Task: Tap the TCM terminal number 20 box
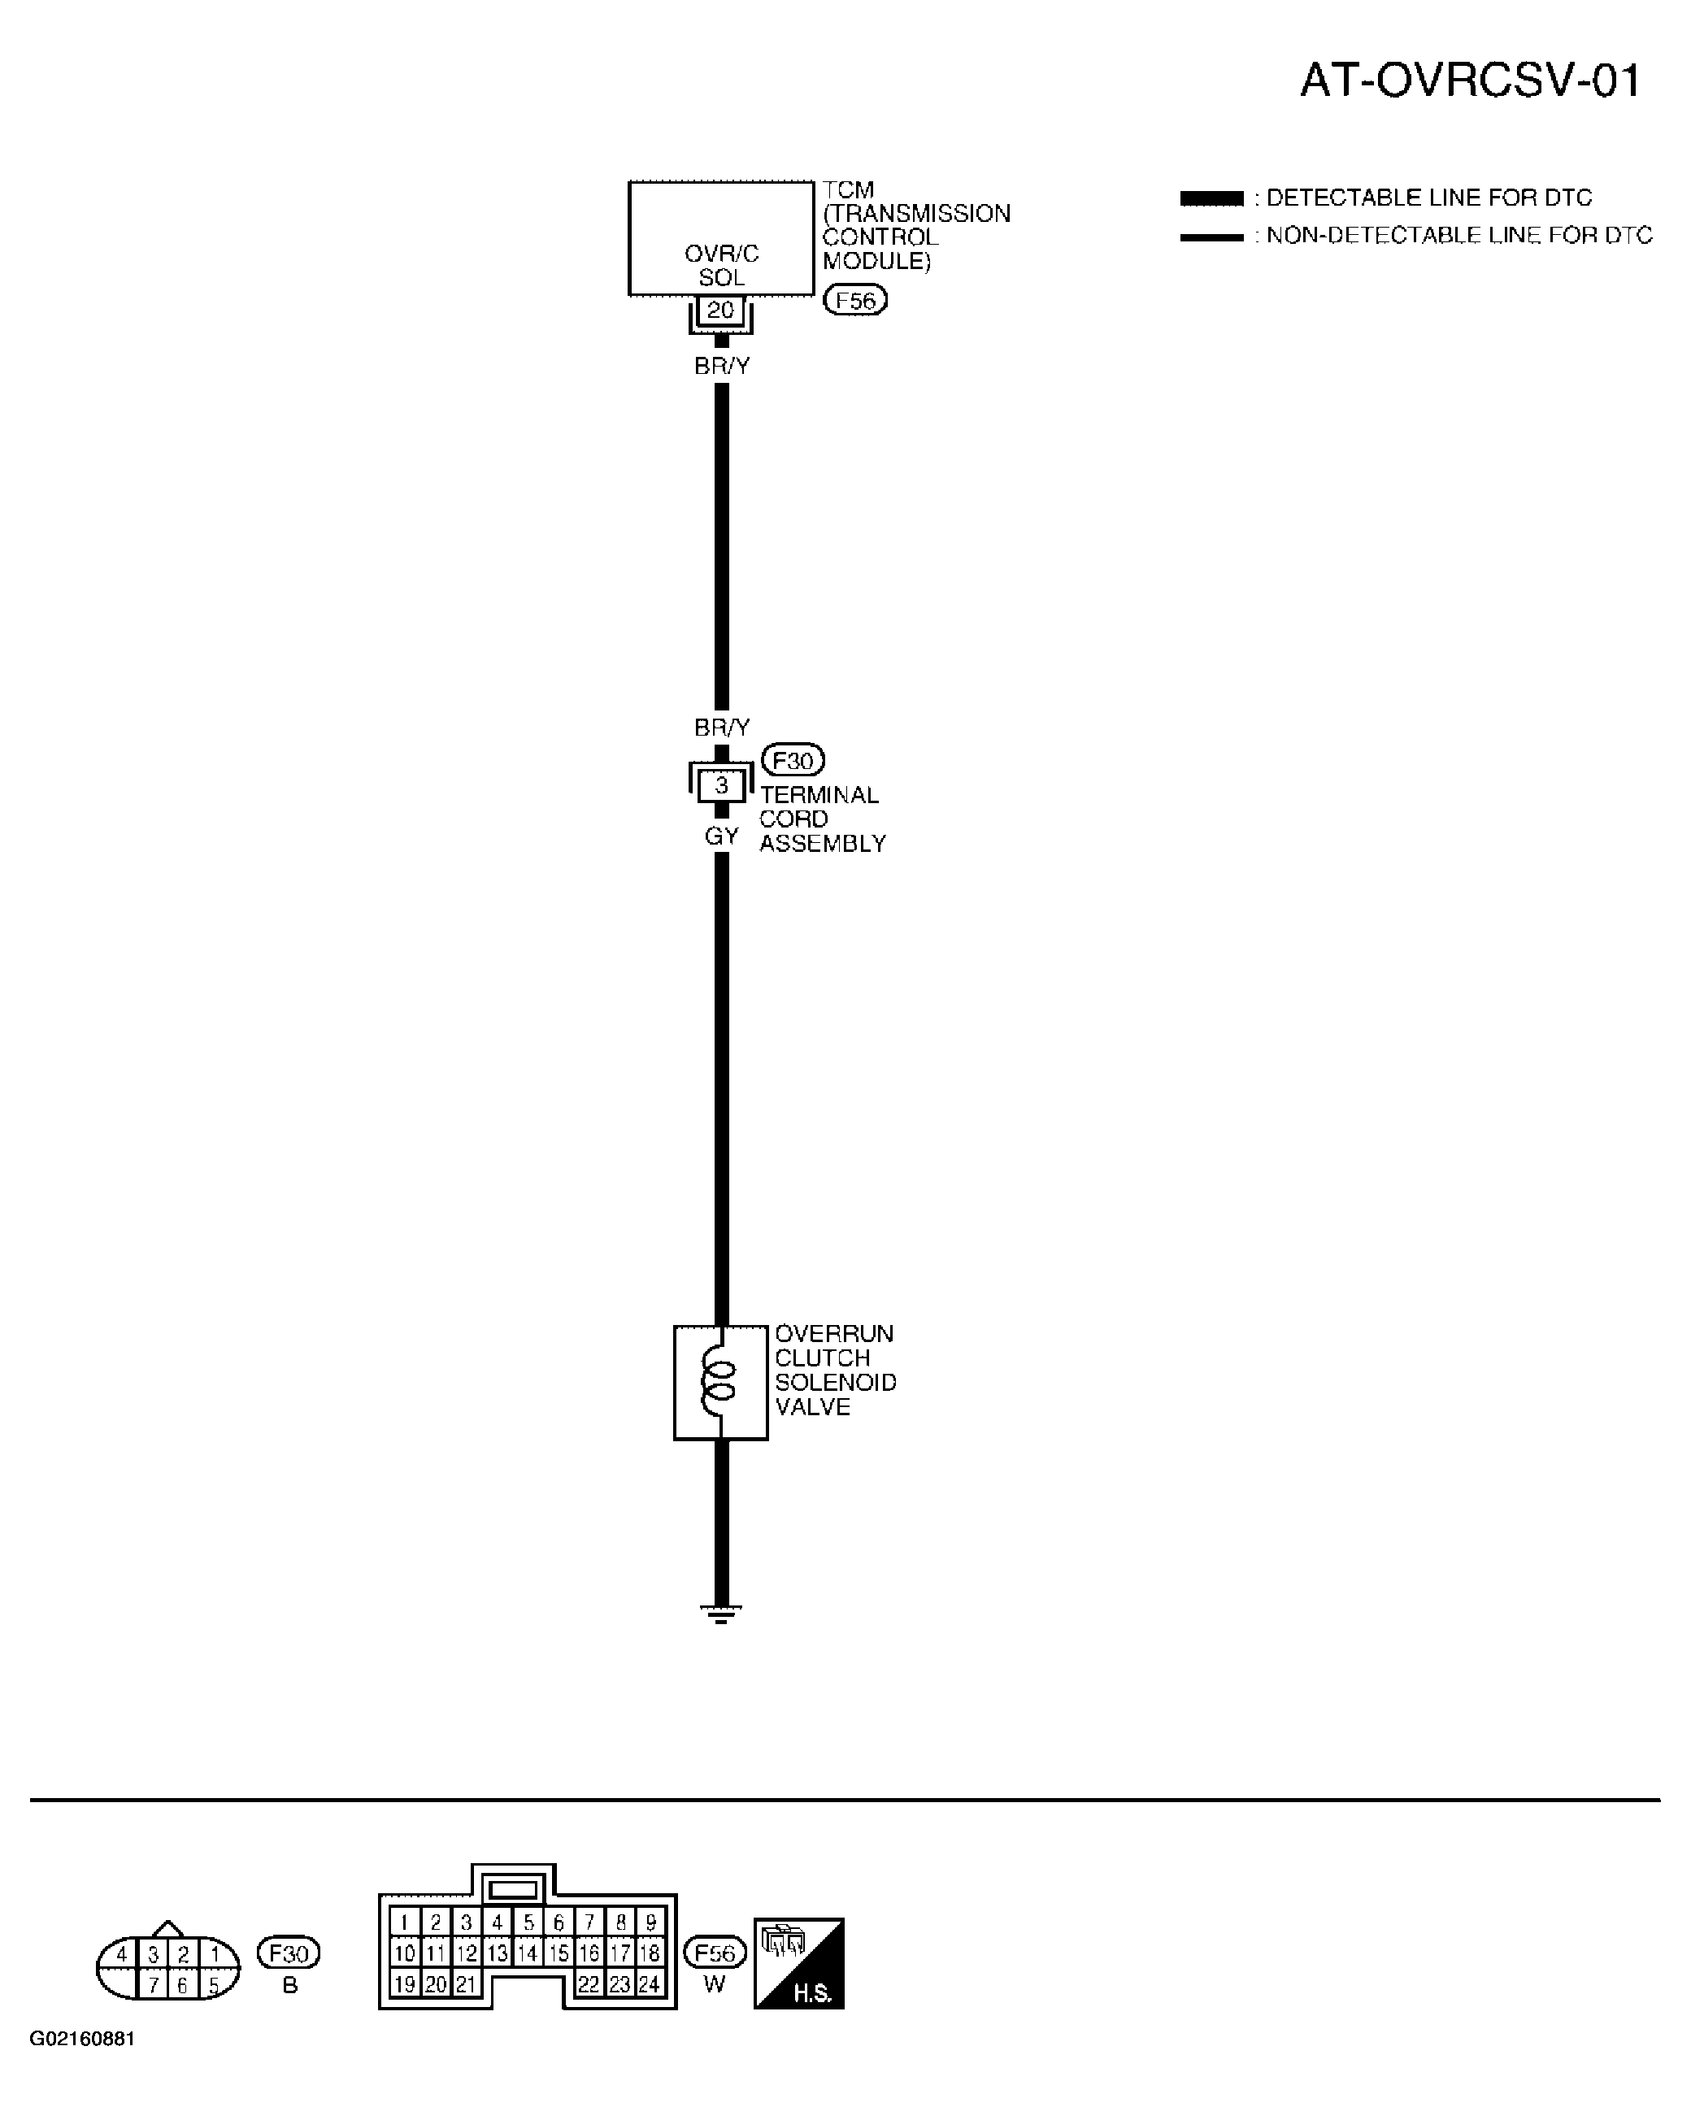click(720, 310)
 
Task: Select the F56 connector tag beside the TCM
click(855, 300)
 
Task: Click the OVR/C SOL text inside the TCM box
click(721, 265)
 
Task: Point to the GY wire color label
click(721, 836)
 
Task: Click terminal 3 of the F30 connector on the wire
click(721, 784)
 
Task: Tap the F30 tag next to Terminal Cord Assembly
click(793, 759)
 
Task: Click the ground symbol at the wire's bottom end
click(720, 1614)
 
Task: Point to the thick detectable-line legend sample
click(1211, 198)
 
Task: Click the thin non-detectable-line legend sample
click(1211, 237)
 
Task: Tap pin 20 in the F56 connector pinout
click(436, 1985)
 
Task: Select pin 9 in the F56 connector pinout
click(650, 1922)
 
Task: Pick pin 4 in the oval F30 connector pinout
click(121, 1954)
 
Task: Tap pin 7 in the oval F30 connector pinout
click(154, 1986)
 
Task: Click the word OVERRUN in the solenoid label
click(834, 1334)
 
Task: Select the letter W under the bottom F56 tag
click(715, 1984)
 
